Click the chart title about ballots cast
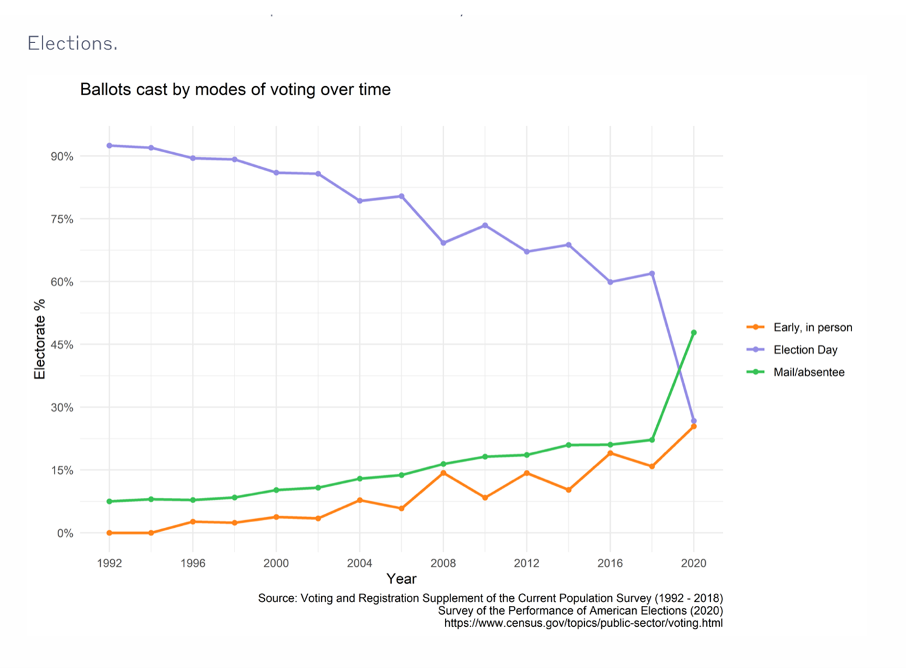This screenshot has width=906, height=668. tap(235, 89)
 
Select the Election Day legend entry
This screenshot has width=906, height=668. tap(805, 350)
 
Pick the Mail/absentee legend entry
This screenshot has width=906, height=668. tap(808, 372)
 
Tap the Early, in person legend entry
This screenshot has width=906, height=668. tap(812, 327)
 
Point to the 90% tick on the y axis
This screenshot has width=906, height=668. tap(62, 157)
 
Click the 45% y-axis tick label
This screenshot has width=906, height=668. tap(62, 345)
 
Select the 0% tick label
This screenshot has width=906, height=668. tap(65, 534)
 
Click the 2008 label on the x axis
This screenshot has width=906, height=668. tap(443, 563)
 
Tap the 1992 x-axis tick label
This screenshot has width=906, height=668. tap(110, 563)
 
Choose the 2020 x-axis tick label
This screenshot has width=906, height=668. tap(693, 563)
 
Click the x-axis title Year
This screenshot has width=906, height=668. tap(401, 579)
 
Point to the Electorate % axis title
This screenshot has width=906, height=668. tap(40, 339)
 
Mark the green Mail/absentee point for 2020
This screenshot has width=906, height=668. tap(694, 332)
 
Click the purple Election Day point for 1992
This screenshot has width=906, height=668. tap(110, 145)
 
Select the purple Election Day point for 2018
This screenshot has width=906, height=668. tap(652, 273)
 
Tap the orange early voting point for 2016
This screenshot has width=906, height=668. tap(610, 453)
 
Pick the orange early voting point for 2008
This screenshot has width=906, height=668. tap(443, 473)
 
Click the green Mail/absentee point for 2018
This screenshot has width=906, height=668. tap(652, 440)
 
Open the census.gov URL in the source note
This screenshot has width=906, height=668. tap(583, 623)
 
